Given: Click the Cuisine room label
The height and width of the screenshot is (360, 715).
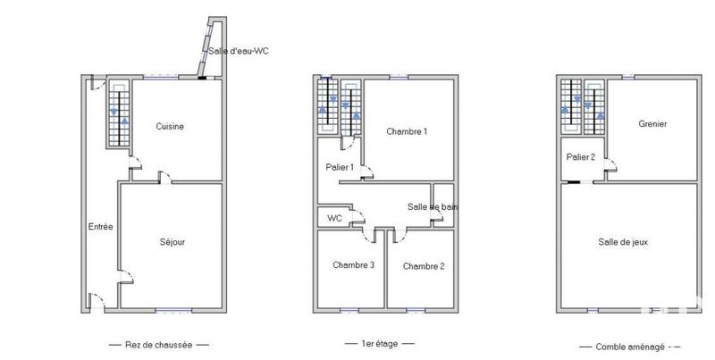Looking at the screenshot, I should pyautogui.click(x=170, y=126).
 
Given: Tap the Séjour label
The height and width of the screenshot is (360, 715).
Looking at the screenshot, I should pyautogui.click(x=172, y=241).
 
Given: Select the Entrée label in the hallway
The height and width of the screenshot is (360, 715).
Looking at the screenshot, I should pyautogui.click(x=100, y=227).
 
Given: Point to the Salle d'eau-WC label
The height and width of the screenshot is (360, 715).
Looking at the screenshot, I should pyautogui.click(x=239, y=51).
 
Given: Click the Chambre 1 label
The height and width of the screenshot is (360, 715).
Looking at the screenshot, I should pyautogui.click(x=407, y=131).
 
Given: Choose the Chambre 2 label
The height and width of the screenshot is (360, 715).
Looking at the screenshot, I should pyautogui.click(x=423, y=266).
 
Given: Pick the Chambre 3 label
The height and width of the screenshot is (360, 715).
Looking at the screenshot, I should pyautogui.click(x=353, y=264).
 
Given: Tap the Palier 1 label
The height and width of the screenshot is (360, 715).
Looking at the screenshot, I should pyautogui.click(x=340, y=167).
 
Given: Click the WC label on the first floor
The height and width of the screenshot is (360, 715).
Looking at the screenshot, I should pyautogui.click(x=335, y=218).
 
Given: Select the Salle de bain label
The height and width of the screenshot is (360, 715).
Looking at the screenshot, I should pyautogui.click(x=433, y=207).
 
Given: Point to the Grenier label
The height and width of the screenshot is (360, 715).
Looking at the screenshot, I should pyautogui.click(x=652, y=124).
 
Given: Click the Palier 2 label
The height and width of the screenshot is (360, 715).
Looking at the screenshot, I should pyautogui.click(x=581, y=157).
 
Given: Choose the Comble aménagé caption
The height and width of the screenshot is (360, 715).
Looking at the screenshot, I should pyautogui.click(x=629, y=345).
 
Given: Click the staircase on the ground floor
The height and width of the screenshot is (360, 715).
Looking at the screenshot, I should pyautogui.click(x=119, y=116).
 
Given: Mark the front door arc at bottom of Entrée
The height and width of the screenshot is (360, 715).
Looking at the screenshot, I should pyautogui.click(x=97, y=301).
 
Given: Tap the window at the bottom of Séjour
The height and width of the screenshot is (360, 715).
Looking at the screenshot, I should pyautogui.click(x=172, y=310).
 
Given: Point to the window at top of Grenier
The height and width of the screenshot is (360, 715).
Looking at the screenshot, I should pyautogui.click(x=628, y=78).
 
